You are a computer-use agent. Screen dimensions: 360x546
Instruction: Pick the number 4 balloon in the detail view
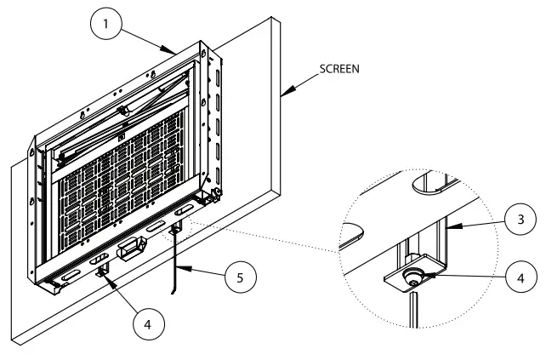[x=518, y=277]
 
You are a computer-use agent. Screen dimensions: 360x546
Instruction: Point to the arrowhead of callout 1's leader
[x=177, y=54]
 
